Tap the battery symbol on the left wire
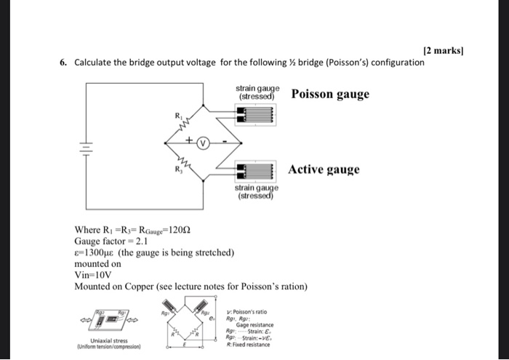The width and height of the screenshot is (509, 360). [86, 150]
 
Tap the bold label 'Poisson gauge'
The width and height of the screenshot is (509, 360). [330, 95]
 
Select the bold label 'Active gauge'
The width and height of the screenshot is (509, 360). [324, 170]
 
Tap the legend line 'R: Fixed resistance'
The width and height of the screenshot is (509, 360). [247, 344]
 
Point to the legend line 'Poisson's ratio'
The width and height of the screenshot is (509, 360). [249, 310]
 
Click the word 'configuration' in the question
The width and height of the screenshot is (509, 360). [396, 63]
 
